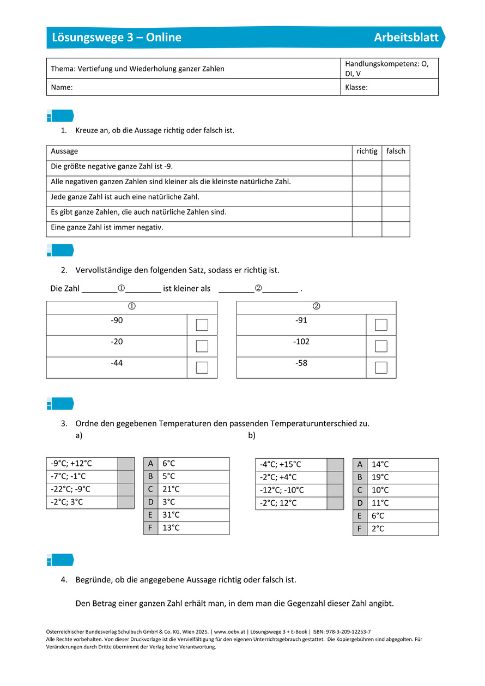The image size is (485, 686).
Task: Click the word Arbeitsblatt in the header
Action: (406, 38)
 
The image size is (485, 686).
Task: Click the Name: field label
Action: (62, 87)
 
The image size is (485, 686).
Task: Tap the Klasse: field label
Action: (356, 87)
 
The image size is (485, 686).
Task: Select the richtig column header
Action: (367, 151)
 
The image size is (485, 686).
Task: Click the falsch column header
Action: (396, 151)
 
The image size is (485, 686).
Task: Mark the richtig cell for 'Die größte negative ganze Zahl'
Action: (367, 168)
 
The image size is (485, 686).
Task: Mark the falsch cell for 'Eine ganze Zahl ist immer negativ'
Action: (396, 229)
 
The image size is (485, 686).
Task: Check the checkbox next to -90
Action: (202, 325)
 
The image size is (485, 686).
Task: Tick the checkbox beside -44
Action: (202, 367)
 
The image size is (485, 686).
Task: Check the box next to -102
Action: (381, 346)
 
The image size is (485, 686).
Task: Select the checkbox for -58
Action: (381, 367)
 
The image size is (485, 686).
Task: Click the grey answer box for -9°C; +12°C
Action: (126, 464)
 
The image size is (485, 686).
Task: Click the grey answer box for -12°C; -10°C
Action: (335, 490)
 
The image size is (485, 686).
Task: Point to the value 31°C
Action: (171, 515)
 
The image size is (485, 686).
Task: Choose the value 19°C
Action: (380, 477)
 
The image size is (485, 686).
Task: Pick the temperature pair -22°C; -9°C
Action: (71, 489)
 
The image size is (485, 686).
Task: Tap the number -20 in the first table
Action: (117, 342)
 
